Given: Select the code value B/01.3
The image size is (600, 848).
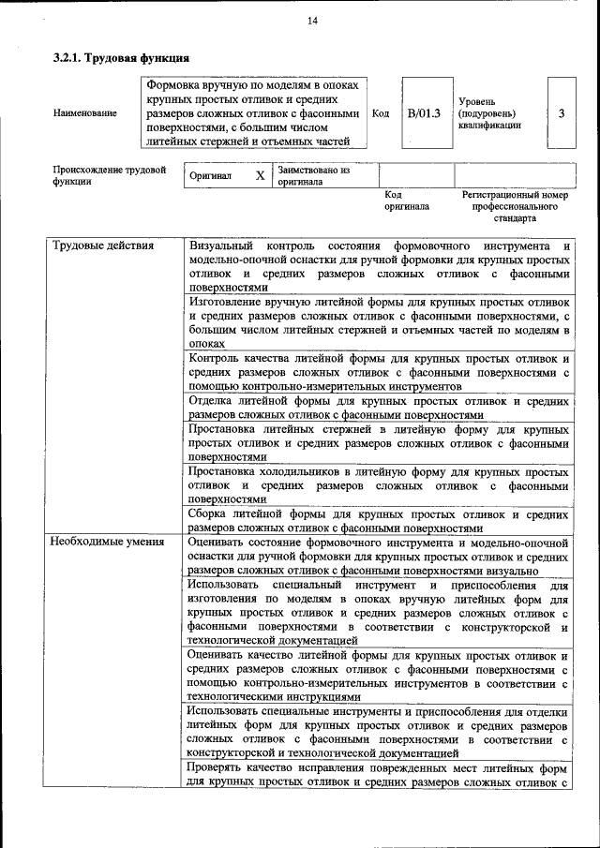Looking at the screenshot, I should coord(423,113).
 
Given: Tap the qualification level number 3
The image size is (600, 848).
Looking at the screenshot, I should coord(561,113).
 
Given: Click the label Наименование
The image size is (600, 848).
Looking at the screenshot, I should coord(85,113).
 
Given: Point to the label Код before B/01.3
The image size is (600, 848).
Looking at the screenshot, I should coord(381,113).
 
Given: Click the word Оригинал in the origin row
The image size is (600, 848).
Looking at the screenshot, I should coord(211,176).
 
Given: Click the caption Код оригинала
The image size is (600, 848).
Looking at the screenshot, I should coord(406,200).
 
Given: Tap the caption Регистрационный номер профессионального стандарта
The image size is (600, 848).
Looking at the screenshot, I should coord(515,206).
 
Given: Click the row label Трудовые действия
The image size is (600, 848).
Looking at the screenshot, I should coord(103,246).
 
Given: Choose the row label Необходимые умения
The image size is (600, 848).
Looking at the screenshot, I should coord(107,542).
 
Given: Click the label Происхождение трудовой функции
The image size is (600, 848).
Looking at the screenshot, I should coord(109,176).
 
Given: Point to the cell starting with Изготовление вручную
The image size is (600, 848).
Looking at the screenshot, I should coord(379,323).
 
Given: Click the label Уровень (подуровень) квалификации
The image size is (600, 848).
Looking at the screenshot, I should coord(490,113).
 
